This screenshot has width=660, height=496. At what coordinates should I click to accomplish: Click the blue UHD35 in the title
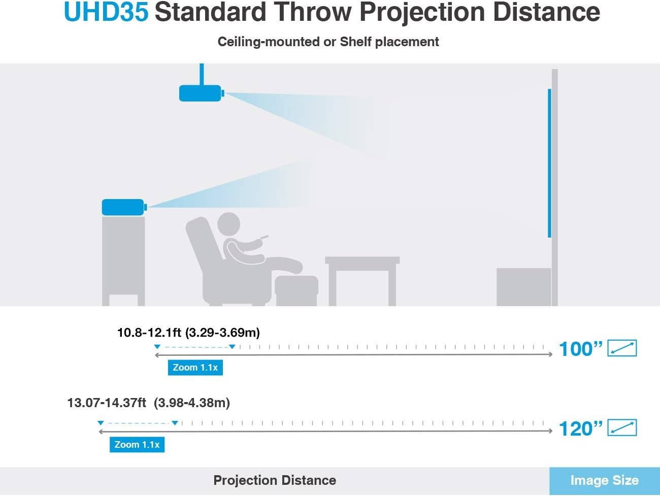tap(106, 12)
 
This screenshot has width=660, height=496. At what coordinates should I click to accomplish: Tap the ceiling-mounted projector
tap(202, 93)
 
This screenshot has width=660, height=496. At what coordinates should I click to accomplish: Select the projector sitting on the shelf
tap(124, 207)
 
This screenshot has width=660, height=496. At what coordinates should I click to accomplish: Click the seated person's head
tap(228, 224)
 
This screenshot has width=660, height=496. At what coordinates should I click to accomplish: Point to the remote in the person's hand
tap(265, 237)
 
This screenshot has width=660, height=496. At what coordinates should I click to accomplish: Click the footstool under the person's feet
tap(296, 290)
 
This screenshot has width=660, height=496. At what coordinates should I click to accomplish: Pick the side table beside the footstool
tap(362, 281)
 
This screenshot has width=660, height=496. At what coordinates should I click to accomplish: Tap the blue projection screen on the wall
tap(549, 163)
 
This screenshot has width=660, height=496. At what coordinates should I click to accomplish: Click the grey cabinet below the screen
tap(523, 287)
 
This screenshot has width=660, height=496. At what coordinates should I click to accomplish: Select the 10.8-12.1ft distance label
tap(188, 333)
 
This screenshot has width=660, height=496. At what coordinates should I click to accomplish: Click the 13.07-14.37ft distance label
tap(149, 403)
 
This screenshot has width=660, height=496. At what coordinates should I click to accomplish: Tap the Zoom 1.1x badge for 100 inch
tap(195, 368)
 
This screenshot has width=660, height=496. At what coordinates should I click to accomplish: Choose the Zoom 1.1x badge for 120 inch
tap(137, 444)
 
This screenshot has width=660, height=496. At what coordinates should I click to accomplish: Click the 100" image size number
tap(581, 349)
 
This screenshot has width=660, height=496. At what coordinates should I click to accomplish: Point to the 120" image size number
tap(581, 428)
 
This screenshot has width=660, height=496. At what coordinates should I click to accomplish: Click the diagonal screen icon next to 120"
tap(622, 427)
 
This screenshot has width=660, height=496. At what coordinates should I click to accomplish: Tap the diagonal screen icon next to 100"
tap(622, 348)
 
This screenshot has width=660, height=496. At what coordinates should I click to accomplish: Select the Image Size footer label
tap(605, 480)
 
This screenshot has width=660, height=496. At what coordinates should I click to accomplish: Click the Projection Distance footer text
tap(275, 480)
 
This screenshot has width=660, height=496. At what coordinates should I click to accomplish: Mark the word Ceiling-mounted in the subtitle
tap(269, 42)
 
